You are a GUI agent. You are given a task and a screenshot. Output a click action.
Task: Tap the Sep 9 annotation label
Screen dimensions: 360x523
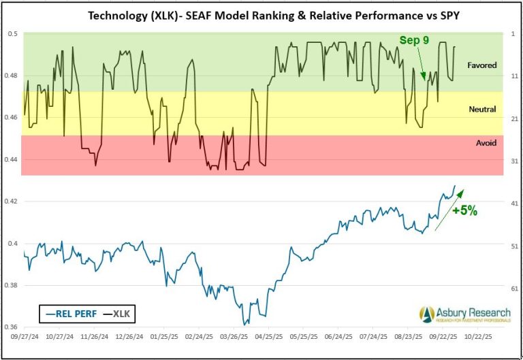(x=414, y=41)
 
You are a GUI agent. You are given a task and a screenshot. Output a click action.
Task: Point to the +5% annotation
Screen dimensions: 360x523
(x=463, y=210)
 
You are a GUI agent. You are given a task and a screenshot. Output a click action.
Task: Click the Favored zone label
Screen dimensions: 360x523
(x=481, y=65)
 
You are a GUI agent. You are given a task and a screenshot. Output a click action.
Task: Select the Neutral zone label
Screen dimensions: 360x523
(x=482, y=109)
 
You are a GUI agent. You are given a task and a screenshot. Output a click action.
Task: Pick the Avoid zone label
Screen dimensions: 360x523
(x=486, y=143)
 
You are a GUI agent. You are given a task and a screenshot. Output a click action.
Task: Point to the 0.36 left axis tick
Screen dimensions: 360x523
(x=12, y=327)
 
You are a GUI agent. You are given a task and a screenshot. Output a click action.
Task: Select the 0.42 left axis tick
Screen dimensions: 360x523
(x=12, y=201)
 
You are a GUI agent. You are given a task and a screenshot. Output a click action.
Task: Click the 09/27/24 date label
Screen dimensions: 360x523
(x=23, y=337)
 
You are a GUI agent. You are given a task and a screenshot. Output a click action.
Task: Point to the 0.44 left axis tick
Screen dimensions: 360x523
(x=12, y=159)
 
